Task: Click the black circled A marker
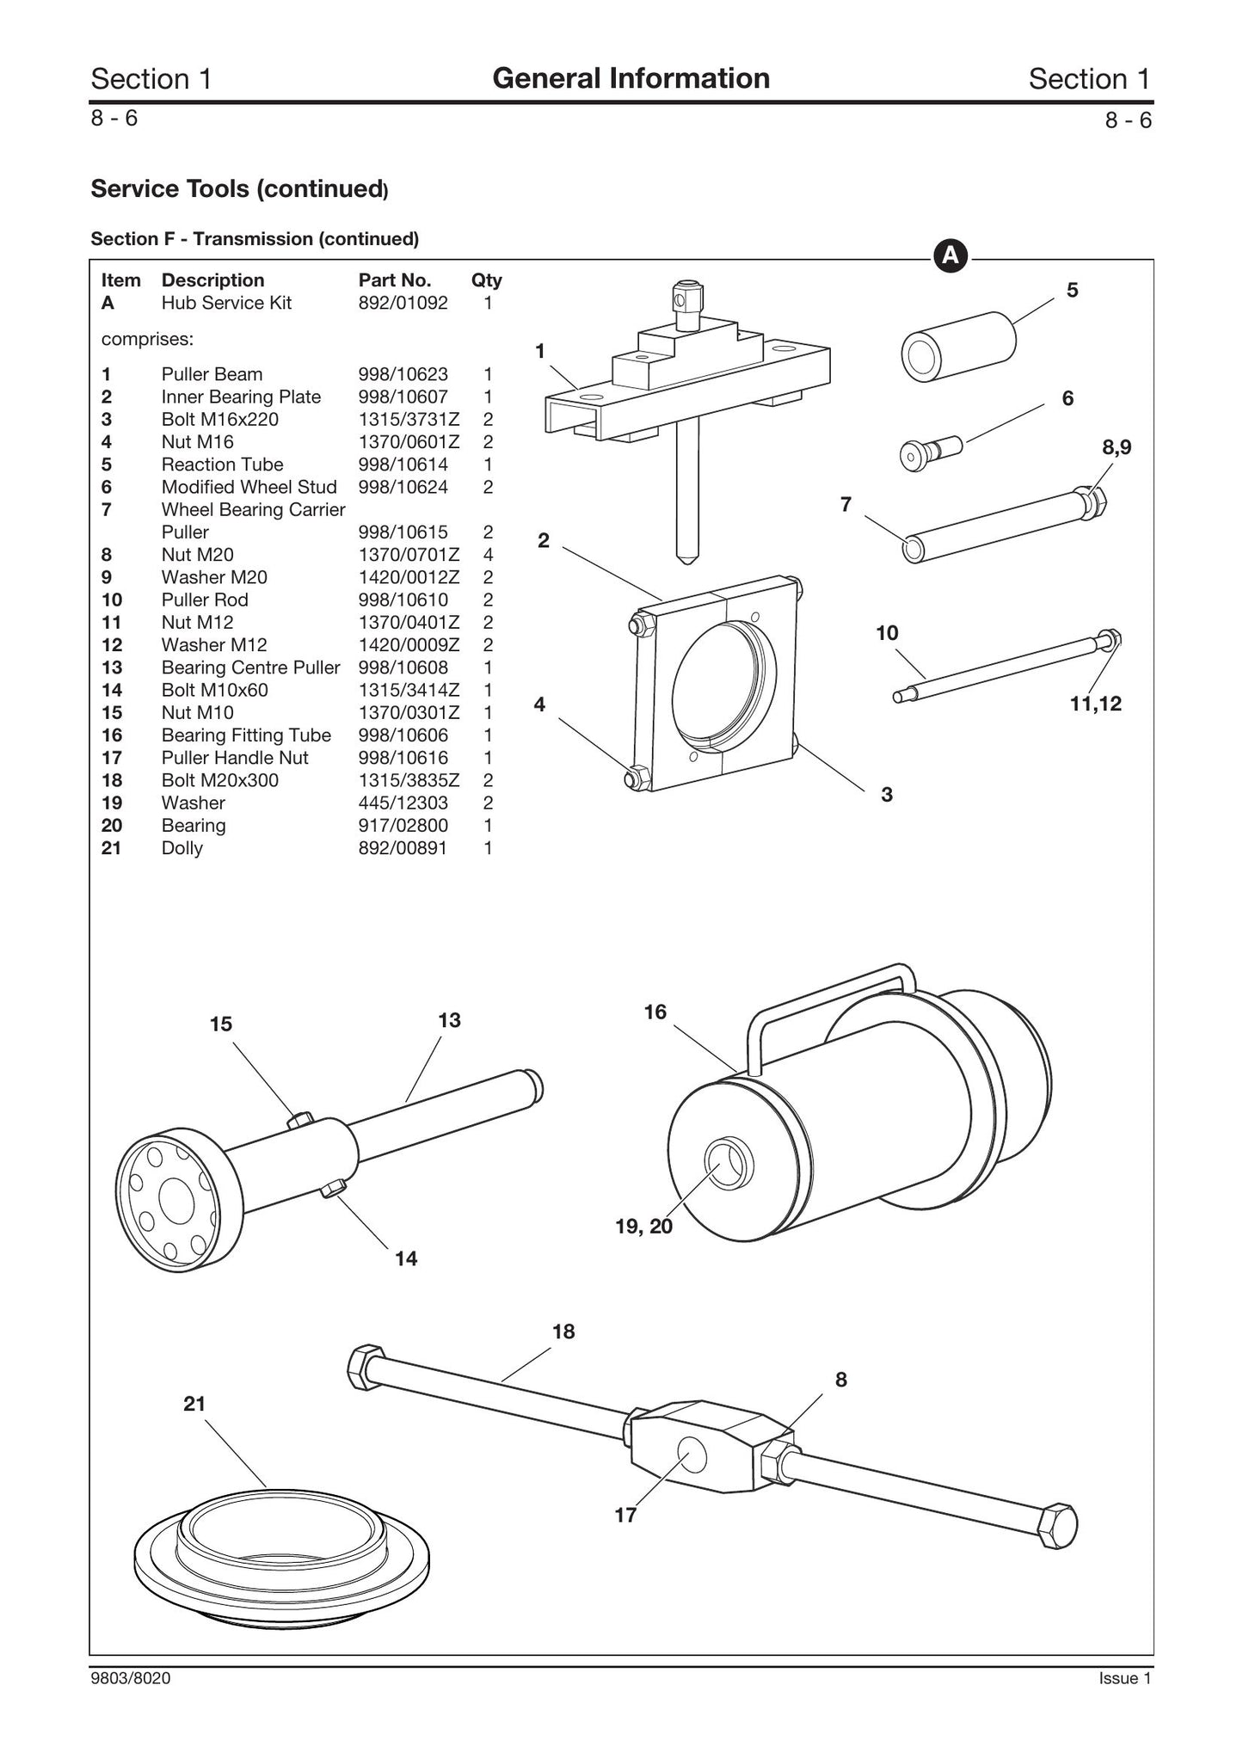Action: (x=951, y=255)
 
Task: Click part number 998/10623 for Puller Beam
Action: (x=403, y=374)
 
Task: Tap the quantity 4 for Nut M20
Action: (x=488, y=555)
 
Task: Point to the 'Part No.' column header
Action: (x=395, y=280)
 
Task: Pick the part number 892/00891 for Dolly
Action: (x=403, y=848)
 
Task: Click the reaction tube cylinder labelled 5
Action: (x=958, y=347)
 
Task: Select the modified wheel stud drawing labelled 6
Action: (x=932, y=452)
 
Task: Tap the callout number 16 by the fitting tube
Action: (x=655, y=1012)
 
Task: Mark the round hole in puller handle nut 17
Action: (x=692, y=1456)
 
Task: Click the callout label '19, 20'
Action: (x=644, y=1226)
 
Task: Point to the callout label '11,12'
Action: (x=1096, y=704)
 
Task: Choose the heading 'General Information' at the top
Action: (x=631, y=78)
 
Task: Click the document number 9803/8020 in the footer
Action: (x=131, y=1678)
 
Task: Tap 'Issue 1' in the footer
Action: (x=1124, y=1678)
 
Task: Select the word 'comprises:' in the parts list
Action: (x=148, y=339)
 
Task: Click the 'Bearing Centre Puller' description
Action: (x=250, y=667)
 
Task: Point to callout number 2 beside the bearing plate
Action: (x=543, y=540)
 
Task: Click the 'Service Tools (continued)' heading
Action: (x=240, y=188)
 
